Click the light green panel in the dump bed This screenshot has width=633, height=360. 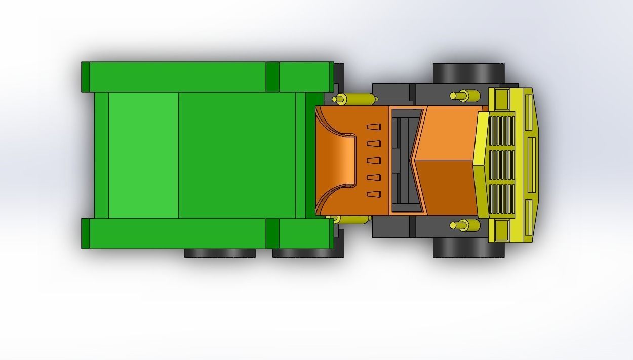[x=143, y=155]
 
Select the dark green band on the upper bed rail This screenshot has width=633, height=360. [x=272, y=77]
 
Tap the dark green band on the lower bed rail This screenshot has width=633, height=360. [x=272, y=233]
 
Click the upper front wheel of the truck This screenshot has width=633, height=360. [x=468, y=73]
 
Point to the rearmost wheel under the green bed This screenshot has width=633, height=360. [x=219, y=253]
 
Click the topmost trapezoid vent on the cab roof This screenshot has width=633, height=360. [x=373, y=127]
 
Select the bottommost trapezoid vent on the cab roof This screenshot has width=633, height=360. [x=373, y=194]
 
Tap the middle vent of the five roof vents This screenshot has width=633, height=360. [x=373, y=161]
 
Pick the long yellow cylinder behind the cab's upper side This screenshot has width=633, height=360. [x=354, y=99]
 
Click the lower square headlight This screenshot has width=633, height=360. [x=502, y=229]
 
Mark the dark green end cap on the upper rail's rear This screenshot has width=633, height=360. [x=85, y=77]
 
